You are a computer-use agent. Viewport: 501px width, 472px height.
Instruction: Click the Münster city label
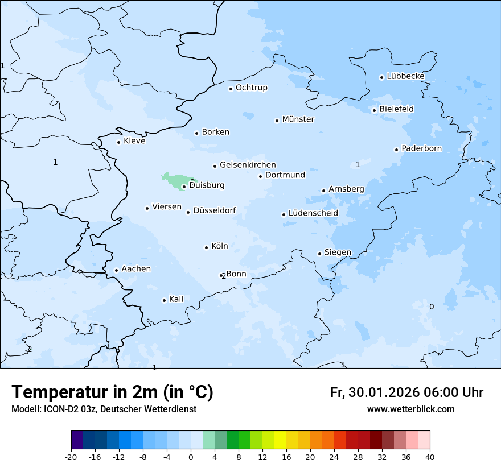pos(298,119)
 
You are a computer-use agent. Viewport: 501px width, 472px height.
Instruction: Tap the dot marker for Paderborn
pos(396,150)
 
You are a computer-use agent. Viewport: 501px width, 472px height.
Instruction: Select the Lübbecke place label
pos(405,76)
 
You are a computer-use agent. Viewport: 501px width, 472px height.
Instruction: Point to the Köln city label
pos(219,246)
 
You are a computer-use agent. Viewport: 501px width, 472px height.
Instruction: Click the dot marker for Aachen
pos(116,271)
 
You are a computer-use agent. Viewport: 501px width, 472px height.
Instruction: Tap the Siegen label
pos(338,252)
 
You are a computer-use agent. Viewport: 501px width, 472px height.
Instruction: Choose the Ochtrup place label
pos(251,88)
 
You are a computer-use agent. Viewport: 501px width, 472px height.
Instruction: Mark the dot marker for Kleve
pos(118,142)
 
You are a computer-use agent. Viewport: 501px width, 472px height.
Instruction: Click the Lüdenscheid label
pos(313,213)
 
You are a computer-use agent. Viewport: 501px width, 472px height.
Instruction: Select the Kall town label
pos(176,299)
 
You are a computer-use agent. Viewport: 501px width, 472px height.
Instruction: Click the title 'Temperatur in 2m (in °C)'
pos(112,392)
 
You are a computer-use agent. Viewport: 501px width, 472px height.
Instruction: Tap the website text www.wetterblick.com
pos(410,409)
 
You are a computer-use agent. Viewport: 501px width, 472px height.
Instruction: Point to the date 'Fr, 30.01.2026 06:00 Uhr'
pos(406,392)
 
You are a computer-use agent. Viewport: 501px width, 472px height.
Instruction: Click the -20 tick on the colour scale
pos(71,457)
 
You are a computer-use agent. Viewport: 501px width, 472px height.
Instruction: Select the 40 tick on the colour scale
pos(430,457)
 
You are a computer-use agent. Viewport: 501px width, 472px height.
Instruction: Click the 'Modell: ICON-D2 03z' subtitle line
pos(104,409)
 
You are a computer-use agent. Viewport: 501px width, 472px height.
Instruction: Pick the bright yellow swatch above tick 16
pos(280,440)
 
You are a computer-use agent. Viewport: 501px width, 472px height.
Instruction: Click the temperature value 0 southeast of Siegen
pos(431,307)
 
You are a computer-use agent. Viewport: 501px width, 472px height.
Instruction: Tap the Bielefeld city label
pos(396,109)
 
